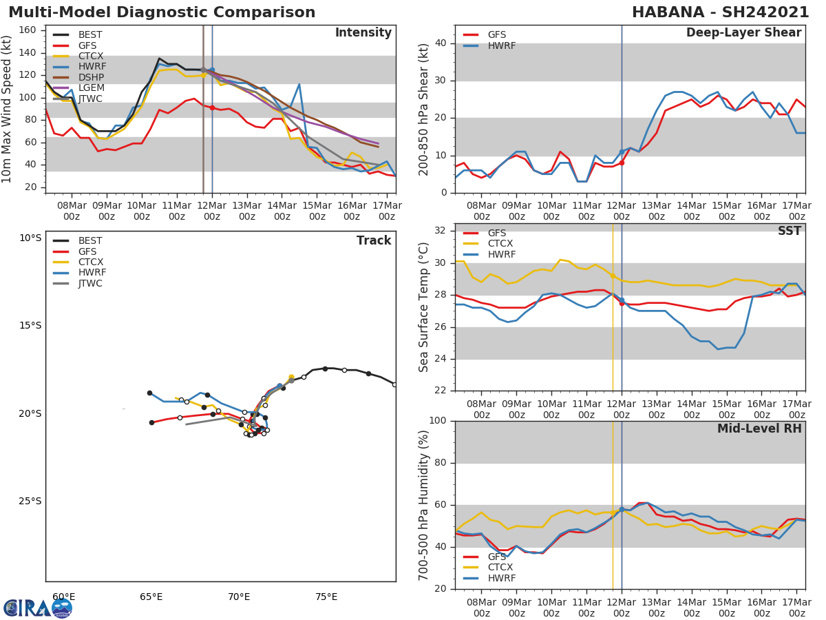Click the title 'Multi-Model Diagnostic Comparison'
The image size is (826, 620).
point(162,12)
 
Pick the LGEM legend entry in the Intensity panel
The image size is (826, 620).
point(91,88)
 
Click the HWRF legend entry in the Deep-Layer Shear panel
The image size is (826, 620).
point(501,46)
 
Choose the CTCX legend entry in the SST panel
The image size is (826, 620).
point(500,244)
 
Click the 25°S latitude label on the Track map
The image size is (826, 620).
point(30,501)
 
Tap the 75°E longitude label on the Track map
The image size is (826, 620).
point(326,597)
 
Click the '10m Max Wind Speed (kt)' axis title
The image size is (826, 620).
point(8,109)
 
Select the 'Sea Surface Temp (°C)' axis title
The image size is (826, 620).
point(424,307)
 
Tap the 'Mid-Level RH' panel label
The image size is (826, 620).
point(759,429)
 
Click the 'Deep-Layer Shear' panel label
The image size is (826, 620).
point(743,33)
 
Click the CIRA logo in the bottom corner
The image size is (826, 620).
point(37,608)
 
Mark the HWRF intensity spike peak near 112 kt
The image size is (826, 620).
point(299,84)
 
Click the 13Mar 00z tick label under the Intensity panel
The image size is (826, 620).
point(246,210)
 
